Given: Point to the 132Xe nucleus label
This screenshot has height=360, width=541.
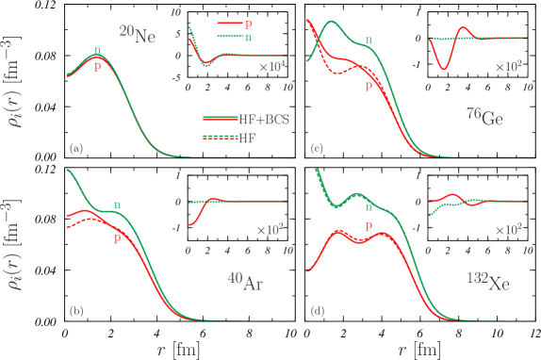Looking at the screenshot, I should coord(488,280).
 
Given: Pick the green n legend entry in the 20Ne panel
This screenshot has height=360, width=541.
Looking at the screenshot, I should coord(247,37).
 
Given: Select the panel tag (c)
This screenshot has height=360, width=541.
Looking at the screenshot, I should coord(317,149).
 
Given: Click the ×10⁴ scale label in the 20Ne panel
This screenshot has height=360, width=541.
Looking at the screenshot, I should coord(271,67).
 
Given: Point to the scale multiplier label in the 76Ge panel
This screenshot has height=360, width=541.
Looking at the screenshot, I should coord(509,67).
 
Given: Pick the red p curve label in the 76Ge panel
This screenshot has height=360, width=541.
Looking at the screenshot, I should coord(369,86).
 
